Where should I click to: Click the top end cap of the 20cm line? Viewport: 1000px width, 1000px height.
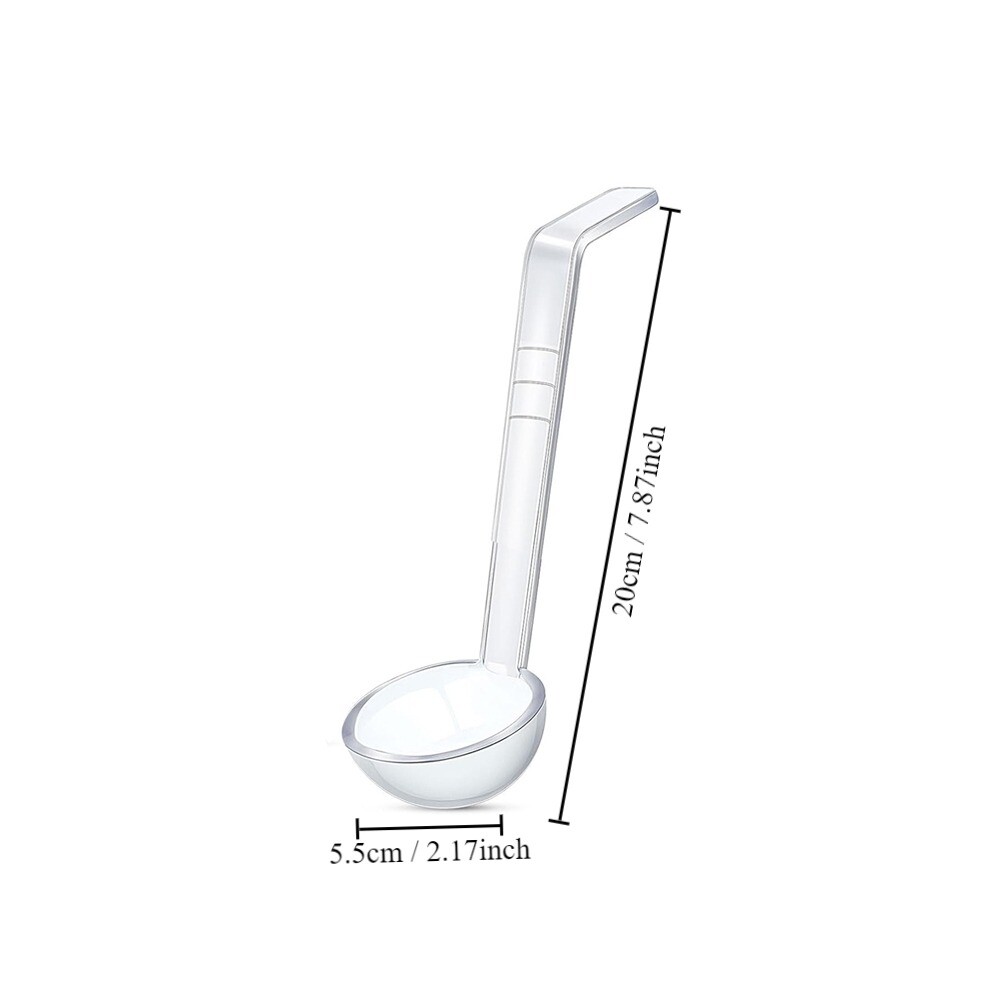coord(669,210)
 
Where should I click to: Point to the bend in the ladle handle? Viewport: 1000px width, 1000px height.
coord(540,236)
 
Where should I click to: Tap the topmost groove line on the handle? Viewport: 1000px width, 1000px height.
coord(537,350)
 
